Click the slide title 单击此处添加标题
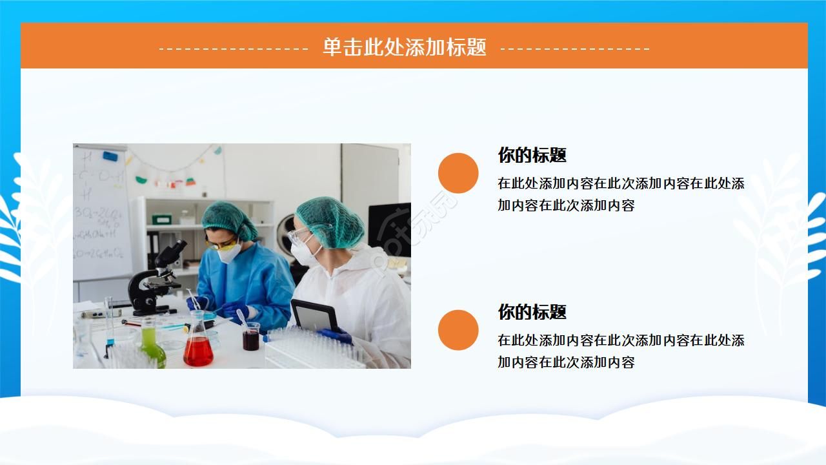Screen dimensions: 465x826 (405, 47)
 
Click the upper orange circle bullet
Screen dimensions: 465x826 (458, 173)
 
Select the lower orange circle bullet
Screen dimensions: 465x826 (458, 330)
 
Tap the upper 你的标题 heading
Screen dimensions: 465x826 (532, 155)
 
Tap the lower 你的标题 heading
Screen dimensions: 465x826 (532, 312)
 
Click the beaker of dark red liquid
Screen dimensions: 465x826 (250, 337)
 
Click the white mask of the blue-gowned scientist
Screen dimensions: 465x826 (229, 251)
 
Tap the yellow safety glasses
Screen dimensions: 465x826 (223, 243)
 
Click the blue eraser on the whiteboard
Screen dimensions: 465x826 (110, 156)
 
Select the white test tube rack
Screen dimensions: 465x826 (316, 349)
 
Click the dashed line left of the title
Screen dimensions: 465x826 (234, 48)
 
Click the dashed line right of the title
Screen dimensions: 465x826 (575, 48)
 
